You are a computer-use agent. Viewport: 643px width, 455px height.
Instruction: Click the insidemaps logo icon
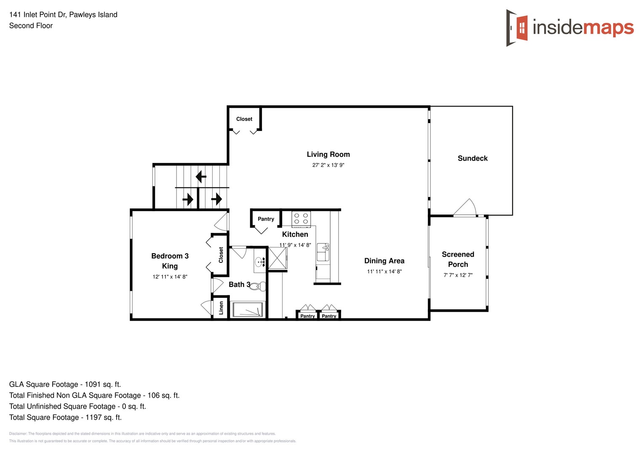517,28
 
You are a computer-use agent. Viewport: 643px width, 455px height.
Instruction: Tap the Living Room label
328,155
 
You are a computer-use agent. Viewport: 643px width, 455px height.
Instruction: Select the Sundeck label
472,158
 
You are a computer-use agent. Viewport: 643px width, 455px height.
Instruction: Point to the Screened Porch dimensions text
458,275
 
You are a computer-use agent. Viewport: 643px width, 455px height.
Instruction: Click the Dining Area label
384,261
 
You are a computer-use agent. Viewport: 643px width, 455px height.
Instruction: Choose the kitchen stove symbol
301,218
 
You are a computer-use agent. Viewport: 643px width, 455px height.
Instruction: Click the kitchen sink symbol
323,252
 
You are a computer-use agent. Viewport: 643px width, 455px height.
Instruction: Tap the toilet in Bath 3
259,286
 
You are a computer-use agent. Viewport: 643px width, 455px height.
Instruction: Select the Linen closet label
221,308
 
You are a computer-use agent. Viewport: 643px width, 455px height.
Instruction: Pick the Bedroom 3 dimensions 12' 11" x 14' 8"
170,277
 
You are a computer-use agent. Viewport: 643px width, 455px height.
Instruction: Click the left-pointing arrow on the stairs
201,177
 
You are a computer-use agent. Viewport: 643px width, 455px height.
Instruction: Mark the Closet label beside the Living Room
244,119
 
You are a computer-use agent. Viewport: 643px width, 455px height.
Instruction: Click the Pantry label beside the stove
266,219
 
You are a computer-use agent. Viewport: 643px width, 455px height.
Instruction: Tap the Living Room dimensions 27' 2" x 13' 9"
328,165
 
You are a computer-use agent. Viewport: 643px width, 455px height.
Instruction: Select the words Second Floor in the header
31,26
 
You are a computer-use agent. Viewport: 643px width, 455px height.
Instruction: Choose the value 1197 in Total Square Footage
94,417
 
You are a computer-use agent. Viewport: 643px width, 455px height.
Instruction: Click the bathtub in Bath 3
248,310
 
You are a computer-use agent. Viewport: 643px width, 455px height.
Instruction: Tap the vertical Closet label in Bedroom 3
221,255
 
